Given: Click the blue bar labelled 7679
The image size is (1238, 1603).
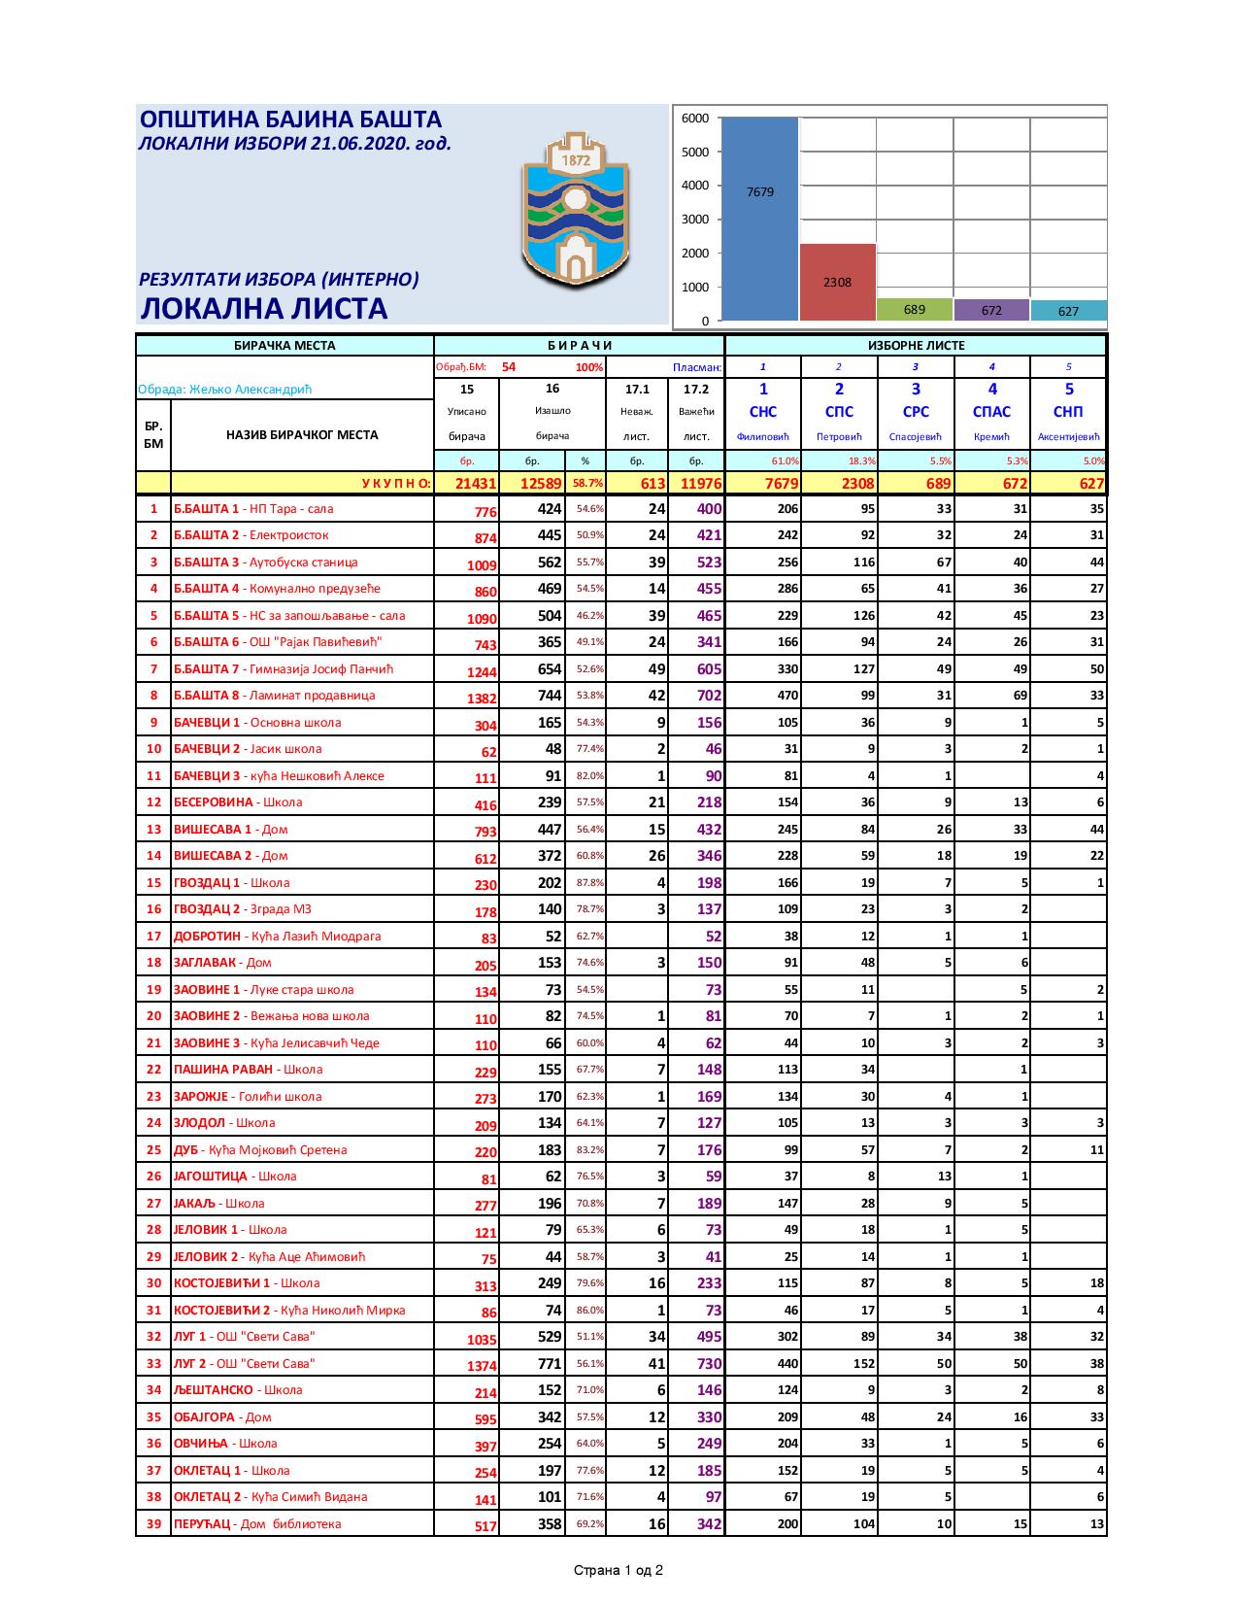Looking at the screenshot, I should click(x=759, y=219).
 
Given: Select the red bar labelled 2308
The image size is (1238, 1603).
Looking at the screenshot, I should click(x=837, y=282).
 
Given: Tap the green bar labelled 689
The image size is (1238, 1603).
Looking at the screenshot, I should click(x=914, y=310).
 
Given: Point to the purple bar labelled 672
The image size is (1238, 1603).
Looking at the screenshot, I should click(x=991, y=310).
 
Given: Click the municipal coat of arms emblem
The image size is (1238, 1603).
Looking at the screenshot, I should click(x=575, y=216).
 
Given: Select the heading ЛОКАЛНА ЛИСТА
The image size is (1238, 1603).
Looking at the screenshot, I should click(x=264, y=309).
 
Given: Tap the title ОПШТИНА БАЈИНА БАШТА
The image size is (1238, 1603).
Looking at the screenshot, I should click(x=291, y=119).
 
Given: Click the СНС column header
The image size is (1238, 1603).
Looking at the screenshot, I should click(x=763, y=412).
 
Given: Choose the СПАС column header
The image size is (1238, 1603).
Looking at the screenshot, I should click(x=991, y=412).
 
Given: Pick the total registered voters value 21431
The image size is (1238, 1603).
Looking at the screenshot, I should click(x=466, y=484).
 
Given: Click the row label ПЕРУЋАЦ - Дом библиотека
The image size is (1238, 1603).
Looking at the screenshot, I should click(x=257, y=1524).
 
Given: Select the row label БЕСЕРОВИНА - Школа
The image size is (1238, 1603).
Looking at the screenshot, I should click(x=238, y=802).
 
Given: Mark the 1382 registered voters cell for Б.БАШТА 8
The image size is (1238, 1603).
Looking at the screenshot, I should click(x=482, y=698).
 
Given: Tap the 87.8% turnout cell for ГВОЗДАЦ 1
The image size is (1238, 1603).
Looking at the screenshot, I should click(x=589, y=883).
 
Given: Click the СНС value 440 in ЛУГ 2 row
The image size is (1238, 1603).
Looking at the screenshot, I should click(x=786, y=1364).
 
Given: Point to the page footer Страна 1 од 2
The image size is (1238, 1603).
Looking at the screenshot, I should click(x=619, y=1570).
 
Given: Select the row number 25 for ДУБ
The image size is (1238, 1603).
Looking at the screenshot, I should click(x=153, y=1150).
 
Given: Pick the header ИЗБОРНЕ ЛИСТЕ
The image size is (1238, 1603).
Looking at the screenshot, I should click(x=915, y=345).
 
